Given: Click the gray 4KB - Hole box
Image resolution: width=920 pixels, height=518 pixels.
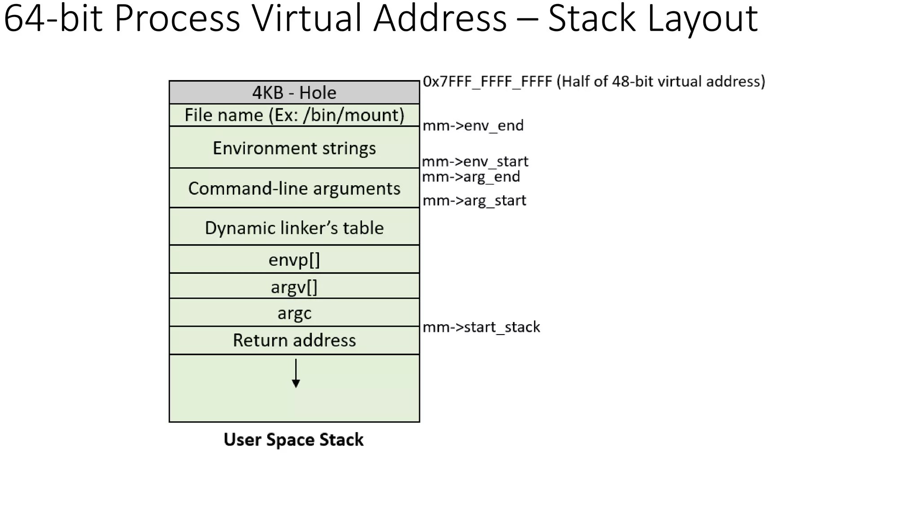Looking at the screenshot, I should (x=294, y=93).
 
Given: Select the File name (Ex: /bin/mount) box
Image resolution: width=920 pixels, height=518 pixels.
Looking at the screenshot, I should (x=294, y=115).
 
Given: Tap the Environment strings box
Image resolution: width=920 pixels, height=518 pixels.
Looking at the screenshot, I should (x=294, y=148).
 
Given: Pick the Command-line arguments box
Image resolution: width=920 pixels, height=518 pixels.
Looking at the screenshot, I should (x=294, y=188).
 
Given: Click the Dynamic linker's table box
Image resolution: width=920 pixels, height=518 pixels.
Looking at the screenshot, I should (x=294, y=228).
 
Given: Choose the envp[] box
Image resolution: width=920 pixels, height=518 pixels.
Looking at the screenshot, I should (x=294, y=259).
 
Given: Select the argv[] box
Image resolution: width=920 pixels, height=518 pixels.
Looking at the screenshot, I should (x=294, y=286).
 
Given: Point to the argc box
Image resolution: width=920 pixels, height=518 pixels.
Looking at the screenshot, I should (x=294, y=313).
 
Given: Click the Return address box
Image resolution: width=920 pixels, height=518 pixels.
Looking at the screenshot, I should (x=294, y=340).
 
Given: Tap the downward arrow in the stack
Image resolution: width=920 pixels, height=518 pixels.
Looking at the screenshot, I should (x=296, y=373).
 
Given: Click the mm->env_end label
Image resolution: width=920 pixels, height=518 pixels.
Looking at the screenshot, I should (x=473, y=125).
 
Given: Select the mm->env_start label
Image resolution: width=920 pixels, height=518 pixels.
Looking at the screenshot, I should (x=475, y=161).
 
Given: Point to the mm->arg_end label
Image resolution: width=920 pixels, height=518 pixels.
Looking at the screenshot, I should (x=471, y=177).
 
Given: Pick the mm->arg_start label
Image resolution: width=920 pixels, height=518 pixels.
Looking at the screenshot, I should (x=474, y=200).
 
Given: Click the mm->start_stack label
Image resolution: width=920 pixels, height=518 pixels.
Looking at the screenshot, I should (x=481, y=327).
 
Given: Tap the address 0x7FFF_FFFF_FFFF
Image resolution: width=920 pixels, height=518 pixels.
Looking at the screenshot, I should (x=487, y=82).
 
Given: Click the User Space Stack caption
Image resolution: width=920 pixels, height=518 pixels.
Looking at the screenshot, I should (x=293, y=440).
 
